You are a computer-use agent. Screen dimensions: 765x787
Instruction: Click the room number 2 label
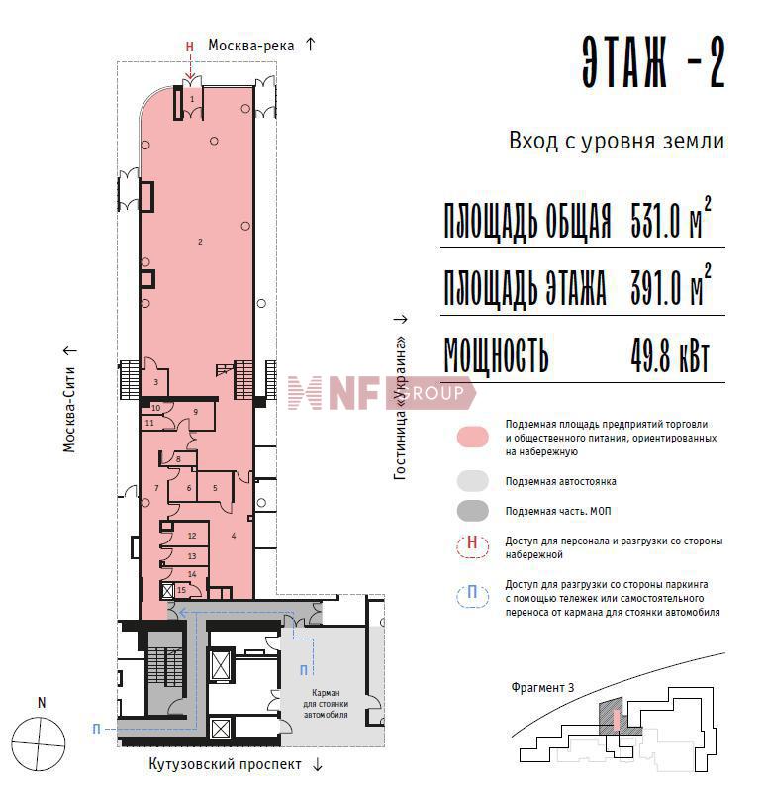pyautogui.click(x=200, y=242)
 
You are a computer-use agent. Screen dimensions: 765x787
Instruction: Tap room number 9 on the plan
pyautogui.click(x=196, y=412)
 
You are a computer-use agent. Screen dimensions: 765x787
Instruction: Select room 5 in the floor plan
pyautogui.click(x=215, y=488)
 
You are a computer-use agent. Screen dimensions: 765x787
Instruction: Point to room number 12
pyautogui.click(x=192, y=536)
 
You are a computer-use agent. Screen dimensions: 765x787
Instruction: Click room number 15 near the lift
pyautogui.click(x=181, y=590)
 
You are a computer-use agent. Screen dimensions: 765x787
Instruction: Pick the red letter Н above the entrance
pyautogui.click(x=190, y=47)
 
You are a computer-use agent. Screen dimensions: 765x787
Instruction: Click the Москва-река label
pyautogui.click(x=250, y=46)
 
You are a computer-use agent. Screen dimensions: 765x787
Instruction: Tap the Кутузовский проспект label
pyautogui.click(x=226, y=764)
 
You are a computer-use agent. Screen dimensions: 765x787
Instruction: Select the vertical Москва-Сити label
pyautogui.click(x=69, y=409)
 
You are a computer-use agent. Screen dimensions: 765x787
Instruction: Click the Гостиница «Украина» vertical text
pyautogui.click(x=400, y=408)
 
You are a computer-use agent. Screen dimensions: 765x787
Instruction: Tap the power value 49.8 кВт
pyautogui.click(x=670, y=356)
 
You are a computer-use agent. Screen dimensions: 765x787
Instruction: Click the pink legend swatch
pyautogui.click(x=472, y=437)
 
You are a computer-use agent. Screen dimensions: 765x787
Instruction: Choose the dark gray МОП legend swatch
pyautogui.click(x=472, y=511)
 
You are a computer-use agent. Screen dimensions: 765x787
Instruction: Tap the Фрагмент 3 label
pyautogui.click(x=542, y=688)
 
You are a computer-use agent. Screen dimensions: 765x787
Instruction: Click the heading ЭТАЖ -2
pyautogui.click(x=653, y=63)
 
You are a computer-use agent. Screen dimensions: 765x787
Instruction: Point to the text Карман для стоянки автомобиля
pyautogui.click(x=326, y=704)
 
